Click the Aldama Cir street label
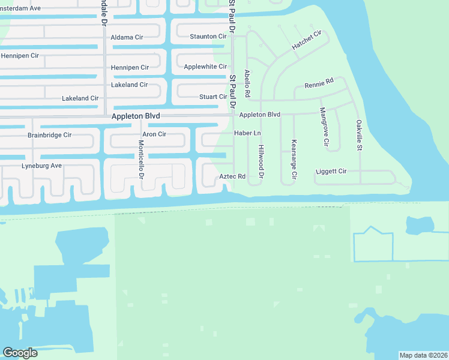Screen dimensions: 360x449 127,37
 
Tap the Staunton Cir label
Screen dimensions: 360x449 208,37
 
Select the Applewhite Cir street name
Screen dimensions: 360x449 205,67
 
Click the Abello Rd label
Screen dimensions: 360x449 247,84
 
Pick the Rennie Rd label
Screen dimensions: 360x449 319,85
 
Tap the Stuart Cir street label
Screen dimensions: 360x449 213,97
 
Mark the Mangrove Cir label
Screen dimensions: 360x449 324,127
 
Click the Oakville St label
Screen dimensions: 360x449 359,135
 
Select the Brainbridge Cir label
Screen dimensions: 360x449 49,135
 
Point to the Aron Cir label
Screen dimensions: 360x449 154,134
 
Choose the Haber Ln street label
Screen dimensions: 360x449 247,133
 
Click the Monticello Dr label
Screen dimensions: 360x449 141,160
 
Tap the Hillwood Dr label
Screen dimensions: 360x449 261,161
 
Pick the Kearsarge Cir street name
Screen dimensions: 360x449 294,160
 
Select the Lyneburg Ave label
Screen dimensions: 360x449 41,166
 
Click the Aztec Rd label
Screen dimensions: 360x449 232,176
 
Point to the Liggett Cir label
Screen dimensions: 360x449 331,172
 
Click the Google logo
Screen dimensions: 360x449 20,353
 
